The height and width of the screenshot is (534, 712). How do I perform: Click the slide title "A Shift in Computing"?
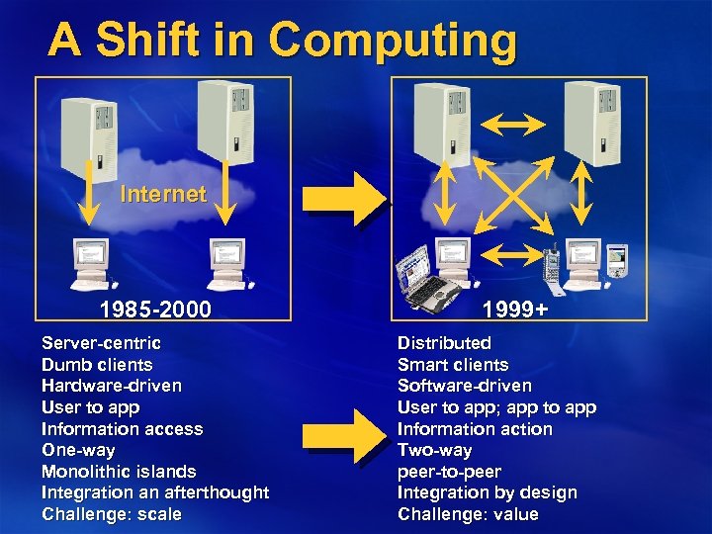(x=282, y=42)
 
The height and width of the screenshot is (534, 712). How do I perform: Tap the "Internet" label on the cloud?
(x=163, y=194)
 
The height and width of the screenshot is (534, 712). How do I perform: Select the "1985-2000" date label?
(x=155, y=310)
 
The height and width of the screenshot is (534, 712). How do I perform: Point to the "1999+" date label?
(x=515, y=310)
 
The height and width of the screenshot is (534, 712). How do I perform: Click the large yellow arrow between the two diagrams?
(x=342, y=197)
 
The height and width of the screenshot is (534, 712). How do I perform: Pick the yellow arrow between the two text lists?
(x=342, y=428)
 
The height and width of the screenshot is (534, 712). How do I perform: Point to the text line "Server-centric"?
(x=101, y=343)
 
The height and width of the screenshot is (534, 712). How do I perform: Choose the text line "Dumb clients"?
(x=97, y=365)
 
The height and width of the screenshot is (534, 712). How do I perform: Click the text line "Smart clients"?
(x=453, y=365)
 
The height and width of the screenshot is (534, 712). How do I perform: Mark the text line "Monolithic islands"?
(x=119, y=472)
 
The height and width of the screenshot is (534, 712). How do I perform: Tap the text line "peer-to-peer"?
(x=449, y=472)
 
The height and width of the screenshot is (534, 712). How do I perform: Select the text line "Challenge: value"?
(x=468, y=514)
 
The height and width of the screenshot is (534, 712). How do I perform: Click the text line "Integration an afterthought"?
(x=155, y=492)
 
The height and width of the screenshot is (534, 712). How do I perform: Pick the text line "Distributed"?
(x=444, y=343)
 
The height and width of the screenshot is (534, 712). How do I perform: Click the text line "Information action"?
(x=475, y=429)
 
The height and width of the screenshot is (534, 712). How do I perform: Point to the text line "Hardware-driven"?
(x=112, y=386)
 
